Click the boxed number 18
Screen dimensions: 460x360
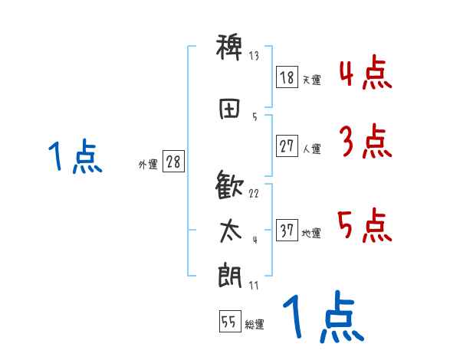pos(287,77)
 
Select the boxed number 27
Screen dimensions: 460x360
pos(287,146)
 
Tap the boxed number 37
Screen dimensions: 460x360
pos(287,231)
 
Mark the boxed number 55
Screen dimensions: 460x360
pos(229,322)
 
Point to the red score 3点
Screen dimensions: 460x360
pos(364,142)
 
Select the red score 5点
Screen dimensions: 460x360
pos(364,226)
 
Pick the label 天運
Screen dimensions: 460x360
pos(311,80)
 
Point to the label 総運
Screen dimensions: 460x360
pos(255,325)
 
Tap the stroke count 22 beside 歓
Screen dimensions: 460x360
pos(254,193)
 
